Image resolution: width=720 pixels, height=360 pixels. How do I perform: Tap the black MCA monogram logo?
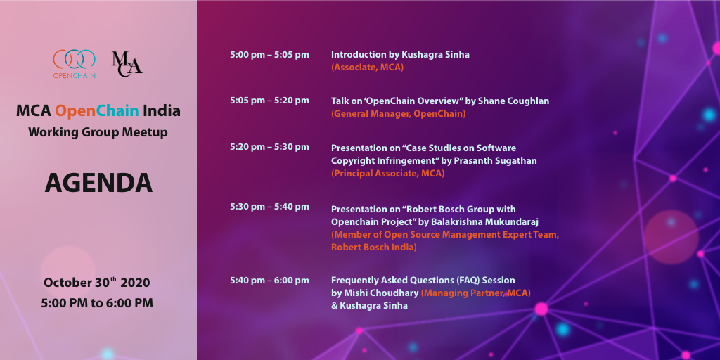click(x=127, y=64)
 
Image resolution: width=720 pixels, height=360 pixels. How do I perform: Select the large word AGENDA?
click(x=98, y=183)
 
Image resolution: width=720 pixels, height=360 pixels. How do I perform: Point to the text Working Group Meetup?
click(x=98, y=133)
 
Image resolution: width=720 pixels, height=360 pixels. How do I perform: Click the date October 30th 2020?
click(x=97, y=283)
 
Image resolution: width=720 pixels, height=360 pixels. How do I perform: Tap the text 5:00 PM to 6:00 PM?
click(x=97, y=303)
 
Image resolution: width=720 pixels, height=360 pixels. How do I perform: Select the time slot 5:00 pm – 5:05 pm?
click(x=269, y=55)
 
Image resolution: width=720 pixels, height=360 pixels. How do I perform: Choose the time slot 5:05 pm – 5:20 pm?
click(x=269, y=101)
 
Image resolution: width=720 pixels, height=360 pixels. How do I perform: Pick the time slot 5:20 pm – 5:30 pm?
click(x=269, y=147)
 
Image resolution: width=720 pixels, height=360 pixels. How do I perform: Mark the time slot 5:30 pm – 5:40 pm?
click(x=269, y=207)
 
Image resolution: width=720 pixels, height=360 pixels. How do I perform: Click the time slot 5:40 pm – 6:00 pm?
click(x=269, y=280)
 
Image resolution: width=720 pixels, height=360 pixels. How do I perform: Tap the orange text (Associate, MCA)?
click(x=367, y=67)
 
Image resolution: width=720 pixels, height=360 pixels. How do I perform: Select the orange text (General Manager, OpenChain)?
click(x=399, y=114)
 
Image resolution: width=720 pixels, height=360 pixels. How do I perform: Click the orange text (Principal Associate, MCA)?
click(x=388, y=174)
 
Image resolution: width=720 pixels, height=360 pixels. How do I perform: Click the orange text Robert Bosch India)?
click(x=374, y=247)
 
